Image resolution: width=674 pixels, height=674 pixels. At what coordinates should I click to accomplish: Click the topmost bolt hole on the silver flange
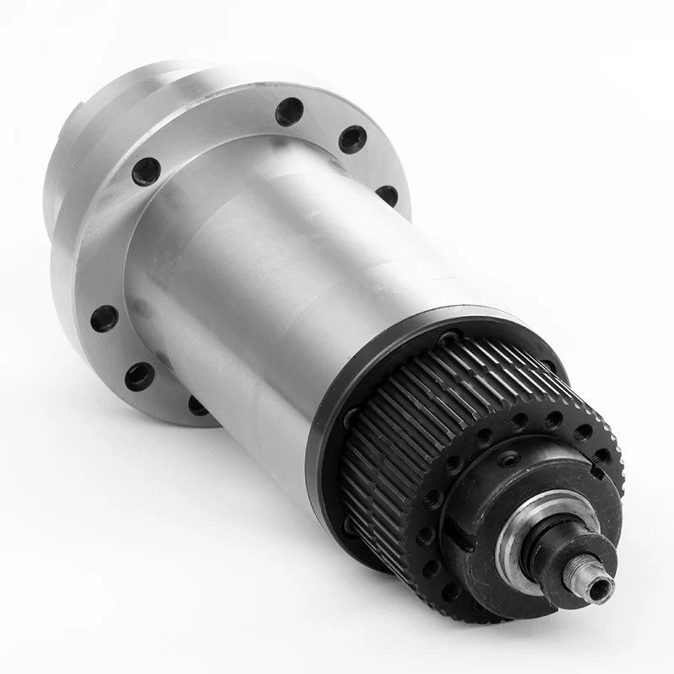point(289,110)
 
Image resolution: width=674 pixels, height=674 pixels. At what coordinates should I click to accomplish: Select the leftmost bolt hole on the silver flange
point(104,318)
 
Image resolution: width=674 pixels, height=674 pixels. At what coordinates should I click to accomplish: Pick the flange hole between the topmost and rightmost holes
point(352,139)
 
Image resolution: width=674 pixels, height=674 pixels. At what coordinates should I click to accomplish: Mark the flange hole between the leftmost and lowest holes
point(140,376)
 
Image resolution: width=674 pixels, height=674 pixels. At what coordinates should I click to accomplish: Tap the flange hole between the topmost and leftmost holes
point(147,171)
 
